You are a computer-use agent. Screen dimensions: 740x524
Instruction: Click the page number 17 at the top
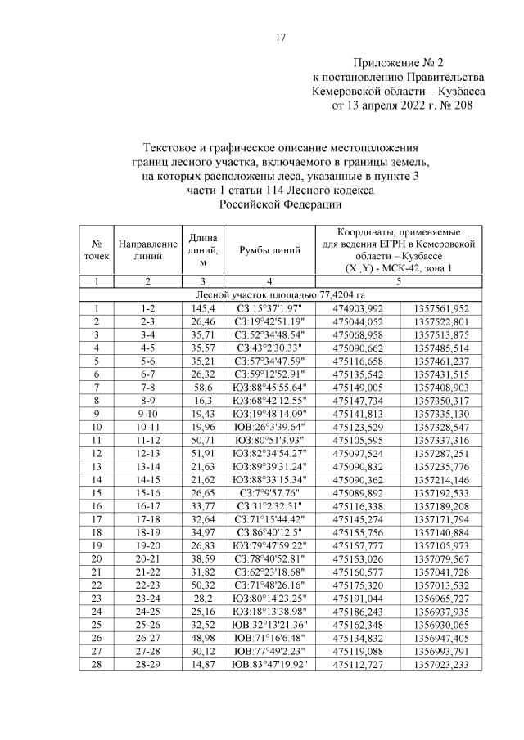[x=280, y=37]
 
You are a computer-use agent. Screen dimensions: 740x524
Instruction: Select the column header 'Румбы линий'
[x=269, y=249]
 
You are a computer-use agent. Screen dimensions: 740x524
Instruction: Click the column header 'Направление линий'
[x=148, y=249]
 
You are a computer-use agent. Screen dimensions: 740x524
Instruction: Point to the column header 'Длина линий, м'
[x=202, y=249]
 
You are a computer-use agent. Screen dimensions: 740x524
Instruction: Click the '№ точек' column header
[x=97, y=249]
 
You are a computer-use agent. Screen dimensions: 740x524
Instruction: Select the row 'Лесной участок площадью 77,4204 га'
[x=280, y=294]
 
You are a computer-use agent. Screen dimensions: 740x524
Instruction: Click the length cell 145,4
[x=202, y=308]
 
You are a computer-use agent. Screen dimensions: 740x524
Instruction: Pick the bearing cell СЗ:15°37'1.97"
[x=269, y=308]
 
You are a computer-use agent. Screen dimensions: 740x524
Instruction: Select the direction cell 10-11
[x=148, y=427]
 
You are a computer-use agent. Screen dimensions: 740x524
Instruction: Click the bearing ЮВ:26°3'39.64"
[x=269, y=427]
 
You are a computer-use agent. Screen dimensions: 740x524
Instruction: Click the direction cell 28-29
[x=148, y=665]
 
